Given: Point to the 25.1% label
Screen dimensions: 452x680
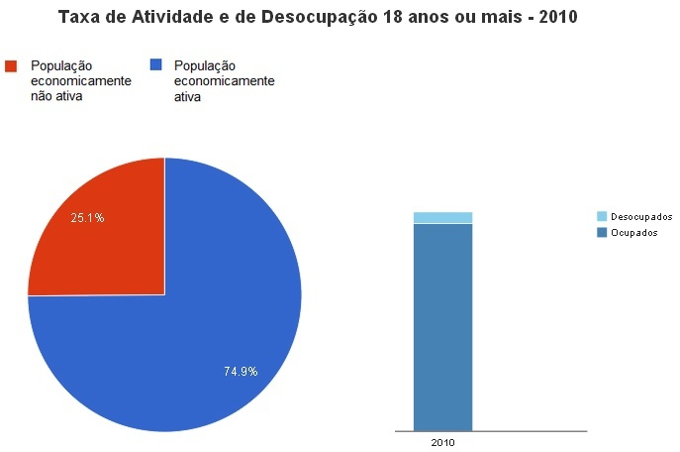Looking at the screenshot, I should tap(87, 217).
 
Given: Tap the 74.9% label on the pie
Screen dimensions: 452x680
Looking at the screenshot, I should tap(241, 372).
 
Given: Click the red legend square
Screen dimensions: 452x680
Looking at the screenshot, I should tap(12, 65).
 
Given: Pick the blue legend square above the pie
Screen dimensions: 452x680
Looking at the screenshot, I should tap(154, 65).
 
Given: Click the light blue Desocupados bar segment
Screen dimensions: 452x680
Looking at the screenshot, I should tap(442, 217).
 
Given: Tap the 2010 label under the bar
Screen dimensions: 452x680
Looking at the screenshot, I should tap(442, 442).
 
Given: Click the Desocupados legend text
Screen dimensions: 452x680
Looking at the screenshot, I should tap(641, 216).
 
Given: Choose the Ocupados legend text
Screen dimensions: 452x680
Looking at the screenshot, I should tap(634, 232).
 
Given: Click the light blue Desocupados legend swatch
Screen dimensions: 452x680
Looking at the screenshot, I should tap(602, 216).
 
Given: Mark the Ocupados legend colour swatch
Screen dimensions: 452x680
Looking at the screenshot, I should tap(602, 232).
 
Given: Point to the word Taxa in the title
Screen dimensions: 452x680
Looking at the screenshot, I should tap(78, 18).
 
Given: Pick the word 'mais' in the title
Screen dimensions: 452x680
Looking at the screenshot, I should tap(500, 18).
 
